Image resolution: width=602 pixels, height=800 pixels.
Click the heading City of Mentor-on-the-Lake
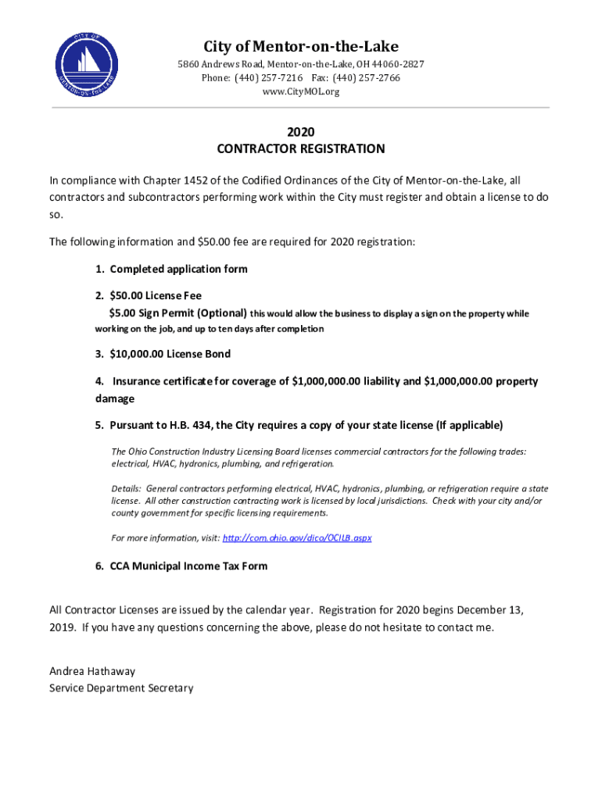click(301, 46)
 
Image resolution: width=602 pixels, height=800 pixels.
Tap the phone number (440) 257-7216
click(270, 78)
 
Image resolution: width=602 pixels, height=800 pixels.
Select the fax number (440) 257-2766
click(367, 78)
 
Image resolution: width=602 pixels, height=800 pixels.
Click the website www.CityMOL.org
click(301, 92)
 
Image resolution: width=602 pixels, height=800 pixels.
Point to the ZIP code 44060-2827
click(396, 64)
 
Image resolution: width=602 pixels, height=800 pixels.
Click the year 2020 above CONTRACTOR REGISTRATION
click(301, 131)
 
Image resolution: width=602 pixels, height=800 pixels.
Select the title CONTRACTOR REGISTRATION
click(301, 148)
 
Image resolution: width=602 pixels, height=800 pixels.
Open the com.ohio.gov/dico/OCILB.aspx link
click(297, 538)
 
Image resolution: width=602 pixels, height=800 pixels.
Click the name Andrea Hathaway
click(91, 671)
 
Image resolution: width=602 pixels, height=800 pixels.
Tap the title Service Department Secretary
click(121, 688)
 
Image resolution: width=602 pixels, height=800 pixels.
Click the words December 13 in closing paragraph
click(489, 609)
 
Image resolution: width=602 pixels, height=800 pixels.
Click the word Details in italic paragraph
click(126, 488)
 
